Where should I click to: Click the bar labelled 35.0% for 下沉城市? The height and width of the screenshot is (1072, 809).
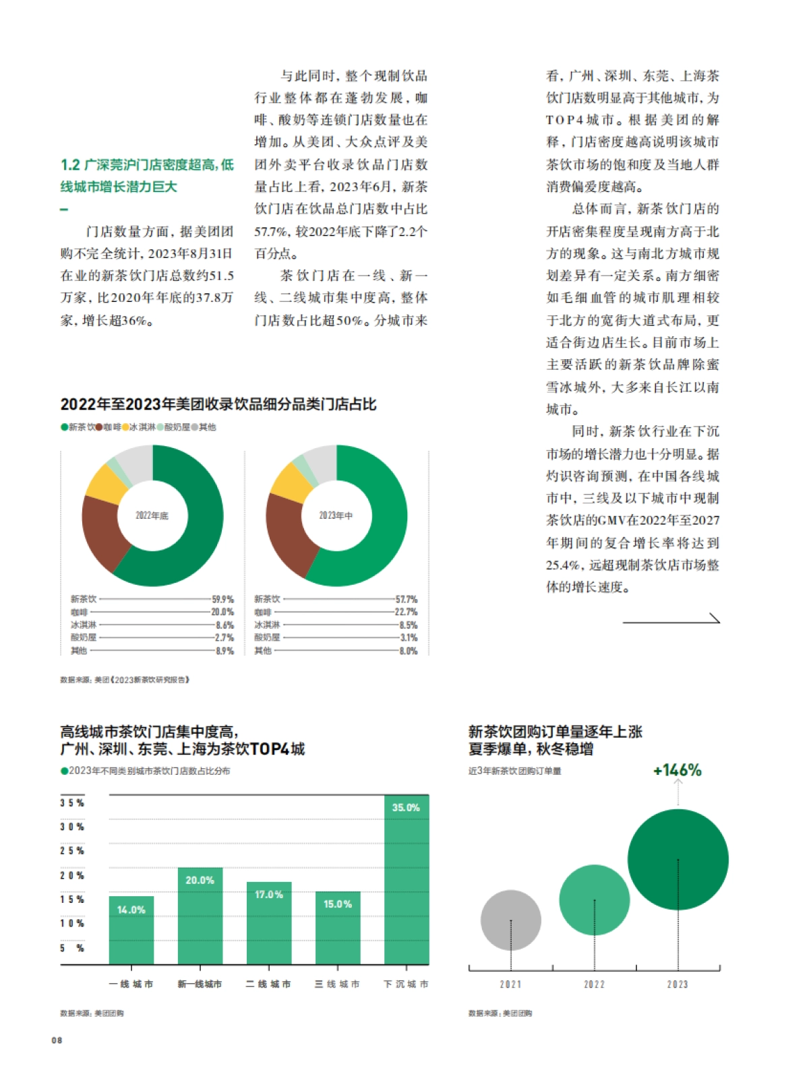(407, 879)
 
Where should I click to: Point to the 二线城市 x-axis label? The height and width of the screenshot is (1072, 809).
(268, 984)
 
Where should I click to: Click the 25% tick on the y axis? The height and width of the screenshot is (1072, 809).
(72, 851)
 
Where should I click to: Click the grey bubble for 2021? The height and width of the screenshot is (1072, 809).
(510, 920)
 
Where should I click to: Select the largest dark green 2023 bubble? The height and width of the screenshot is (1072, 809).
(678, 859)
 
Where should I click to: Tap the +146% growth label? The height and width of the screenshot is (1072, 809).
(678, 770)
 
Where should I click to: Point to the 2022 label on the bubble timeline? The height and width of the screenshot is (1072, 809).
(594, 984)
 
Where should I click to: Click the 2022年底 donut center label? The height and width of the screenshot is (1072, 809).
(152, 515)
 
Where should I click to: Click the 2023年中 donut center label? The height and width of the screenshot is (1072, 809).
(336, 515)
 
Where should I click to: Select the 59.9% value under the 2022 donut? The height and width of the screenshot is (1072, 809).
(222, 599)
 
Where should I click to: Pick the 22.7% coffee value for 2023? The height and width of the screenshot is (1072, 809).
(406, 612)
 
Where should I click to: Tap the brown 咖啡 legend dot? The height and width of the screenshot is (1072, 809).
(99, 427)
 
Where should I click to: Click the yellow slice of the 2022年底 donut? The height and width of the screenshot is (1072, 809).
(105, 483)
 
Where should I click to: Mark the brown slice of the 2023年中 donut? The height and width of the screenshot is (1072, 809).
(288, 532)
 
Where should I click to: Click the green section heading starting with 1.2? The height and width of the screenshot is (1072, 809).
(147, 175)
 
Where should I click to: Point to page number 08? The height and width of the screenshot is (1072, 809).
(57, 1040)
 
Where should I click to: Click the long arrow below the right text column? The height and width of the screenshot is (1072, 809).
(671, 620)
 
